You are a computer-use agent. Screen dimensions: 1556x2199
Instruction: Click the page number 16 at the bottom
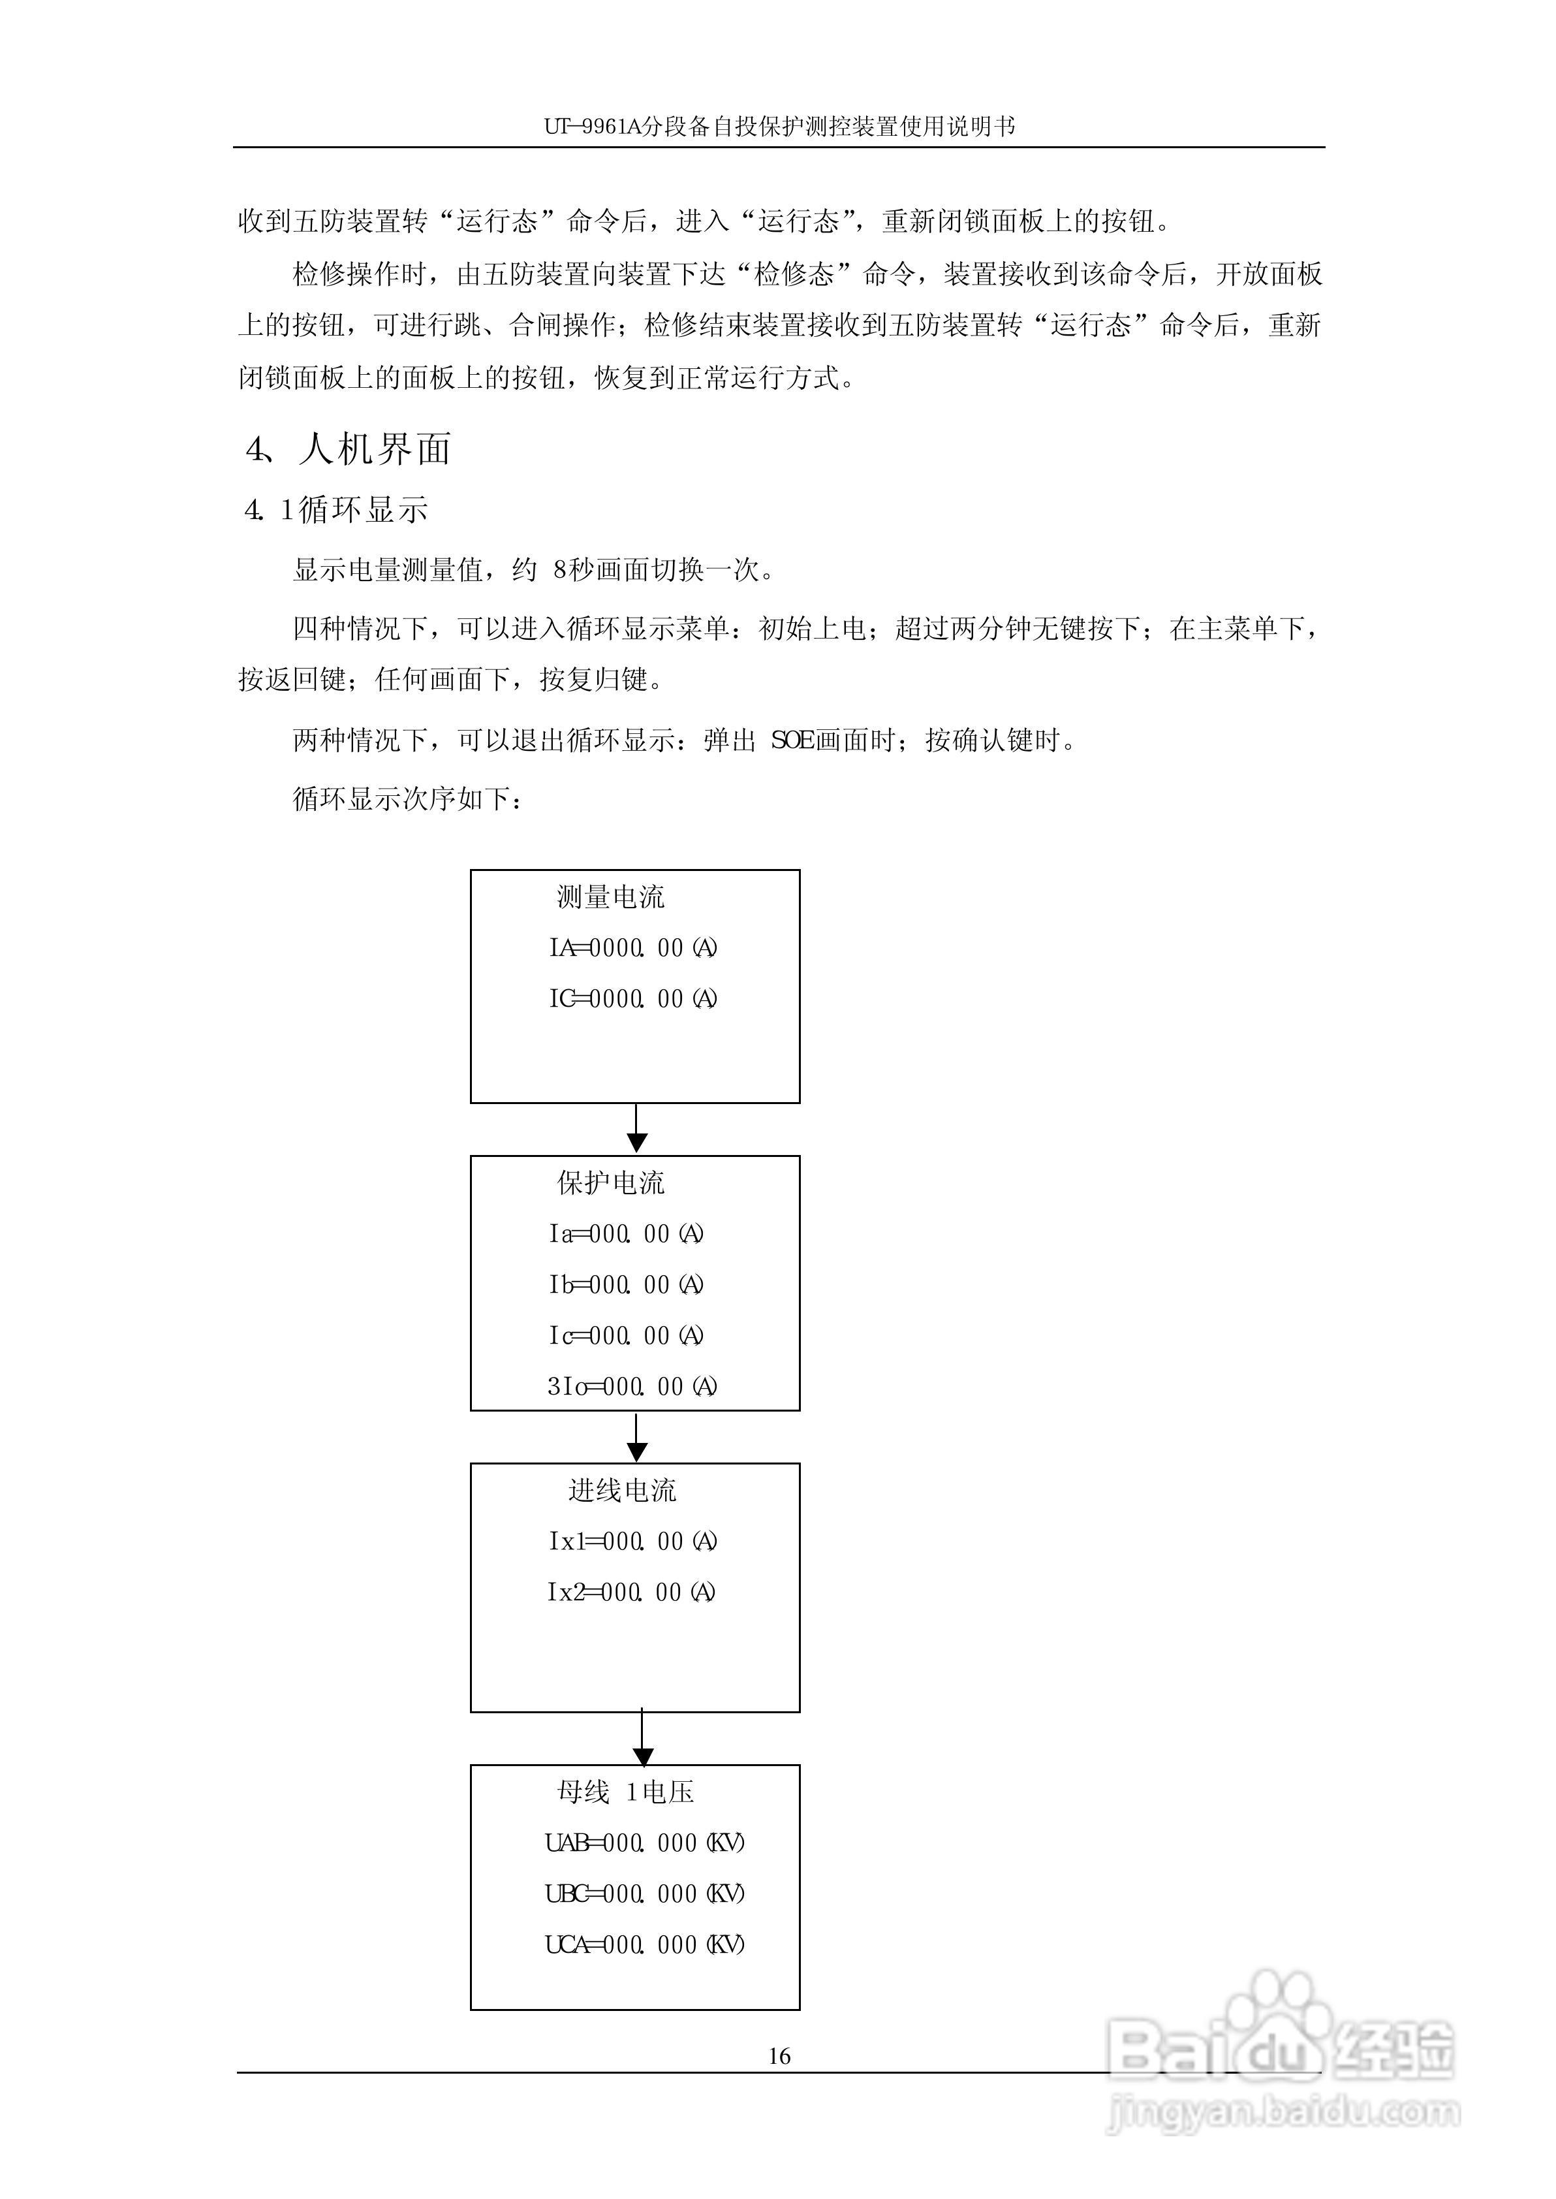point(779,2055)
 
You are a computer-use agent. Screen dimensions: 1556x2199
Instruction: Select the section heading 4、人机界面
point(349,449)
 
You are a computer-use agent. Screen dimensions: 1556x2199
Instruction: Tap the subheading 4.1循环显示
point(336,510)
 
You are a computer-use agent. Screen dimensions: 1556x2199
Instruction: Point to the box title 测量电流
point(610,897)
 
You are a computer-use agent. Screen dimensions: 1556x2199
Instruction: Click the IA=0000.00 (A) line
point(632,947)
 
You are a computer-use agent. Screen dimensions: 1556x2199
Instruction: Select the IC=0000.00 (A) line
point(632,998)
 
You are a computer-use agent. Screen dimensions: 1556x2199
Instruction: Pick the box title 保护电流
point(610,1183)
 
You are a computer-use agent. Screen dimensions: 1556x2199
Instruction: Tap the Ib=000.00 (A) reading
point(626,1285)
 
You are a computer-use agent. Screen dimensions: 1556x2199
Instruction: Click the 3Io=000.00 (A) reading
point(631,1387)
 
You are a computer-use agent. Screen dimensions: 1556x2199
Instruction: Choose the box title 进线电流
point(622,1491)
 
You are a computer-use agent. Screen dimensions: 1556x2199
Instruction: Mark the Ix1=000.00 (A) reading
point(631,1542)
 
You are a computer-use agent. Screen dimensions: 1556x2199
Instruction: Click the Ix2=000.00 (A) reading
point(630,1592)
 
